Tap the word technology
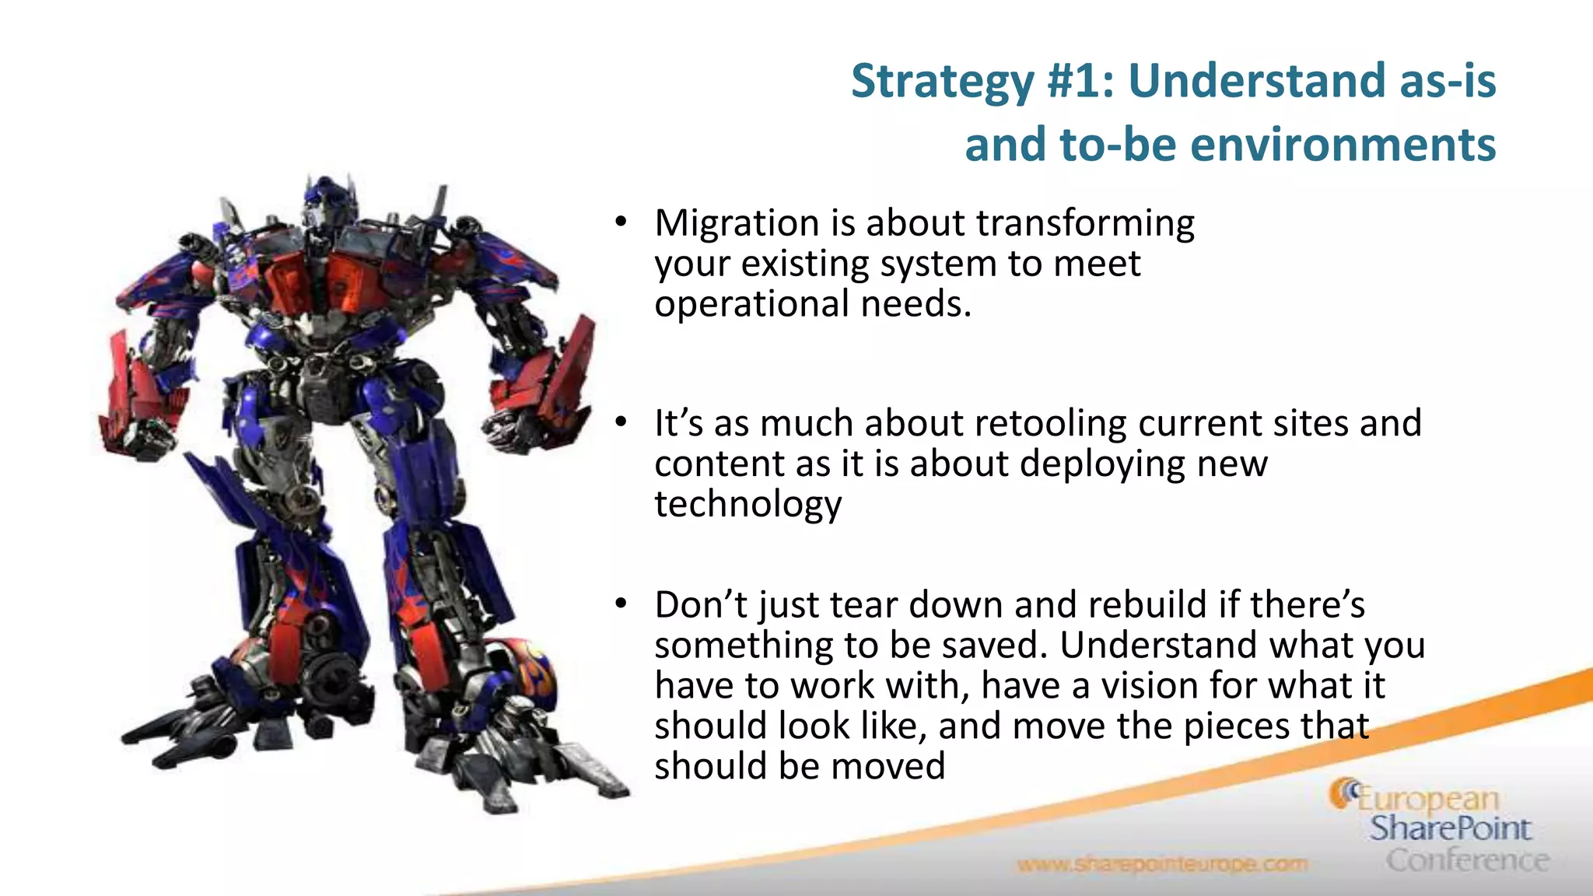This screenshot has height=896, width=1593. point(747,505)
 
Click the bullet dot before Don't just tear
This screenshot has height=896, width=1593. point(620,604)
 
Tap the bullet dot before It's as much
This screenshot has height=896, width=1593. point(620,423)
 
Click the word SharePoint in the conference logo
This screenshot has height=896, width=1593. point(1450,829)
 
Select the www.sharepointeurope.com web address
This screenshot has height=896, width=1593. point(1162,864)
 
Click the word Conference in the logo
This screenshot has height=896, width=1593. point(1467,860)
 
